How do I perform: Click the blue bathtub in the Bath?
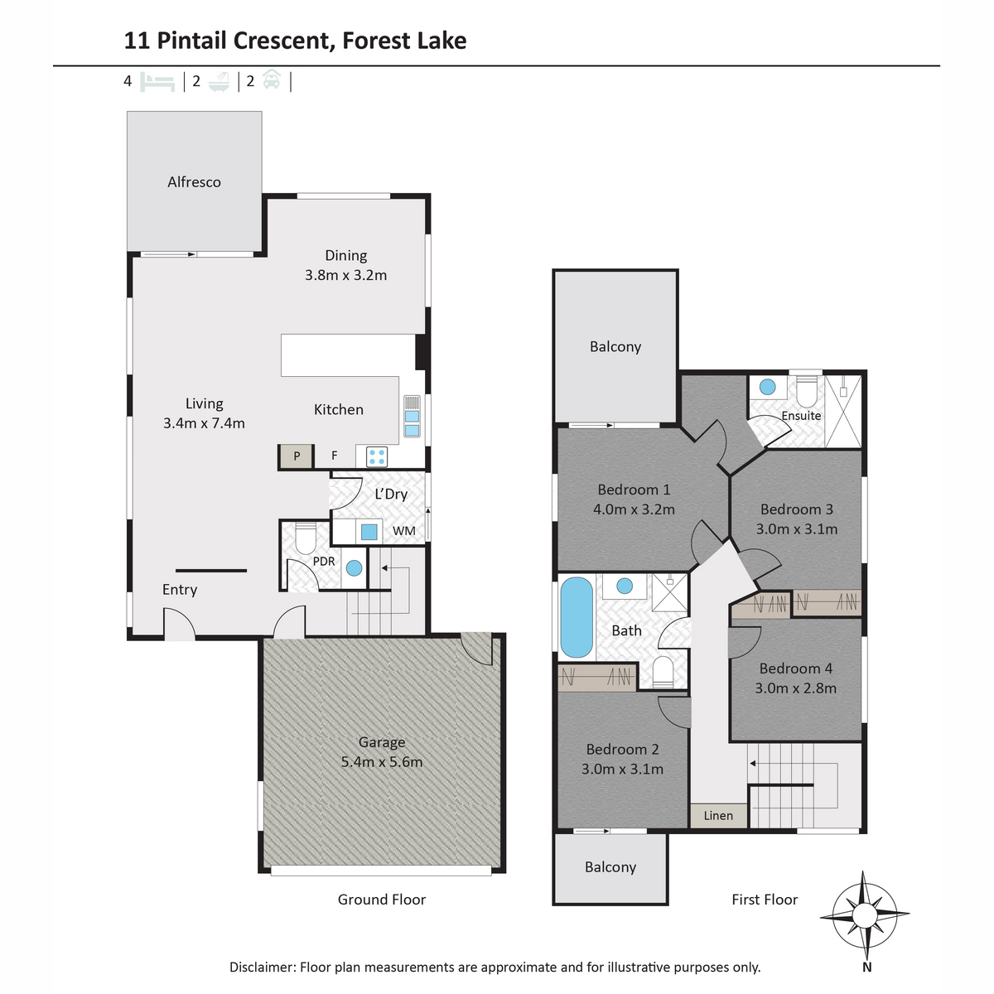click(577, 617)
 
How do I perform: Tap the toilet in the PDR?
click(305, 538)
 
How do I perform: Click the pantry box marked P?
click(296, 456)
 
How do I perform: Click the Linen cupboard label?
click(718, 816)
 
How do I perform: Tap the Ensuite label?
click(801, 415)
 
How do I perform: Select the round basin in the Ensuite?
click(768, 386)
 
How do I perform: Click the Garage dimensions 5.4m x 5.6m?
click(382, 761)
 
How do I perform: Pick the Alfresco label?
click(194, 182)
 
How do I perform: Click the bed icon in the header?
click(157, 82)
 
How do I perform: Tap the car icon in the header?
click(272, 80)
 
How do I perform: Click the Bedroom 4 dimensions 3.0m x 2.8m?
click(795, 688)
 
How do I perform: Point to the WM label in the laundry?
click(404, 531)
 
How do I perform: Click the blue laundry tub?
click(369, 532)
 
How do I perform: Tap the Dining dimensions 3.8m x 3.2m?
click(345, 275)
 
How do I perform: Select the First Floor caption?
click(765, 900)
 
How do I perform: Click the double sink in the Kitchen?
click(412, 423)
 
